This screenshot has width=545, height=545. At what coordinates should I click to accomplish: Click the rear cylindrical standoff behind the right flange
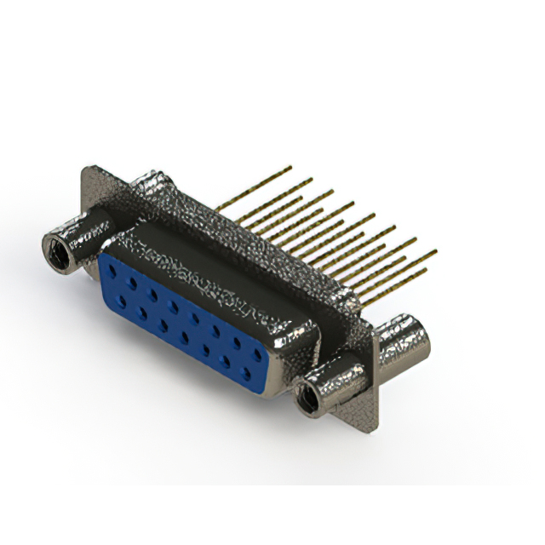(401, 341)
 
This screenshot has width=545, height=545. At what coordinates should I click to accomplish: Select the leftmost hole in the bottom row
(123, 301)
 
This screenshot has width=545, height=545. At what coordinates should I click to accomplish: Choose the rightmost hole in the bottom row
(247, 372)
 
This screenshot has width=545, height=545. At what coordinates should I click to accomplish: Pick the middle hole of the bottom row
(185, 336)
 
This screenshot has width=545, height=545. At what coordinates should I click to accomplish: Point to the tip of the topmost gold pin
(290, 168)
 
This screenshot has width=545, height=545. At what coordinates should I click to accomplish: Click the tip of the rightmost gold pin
(435, 252)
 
